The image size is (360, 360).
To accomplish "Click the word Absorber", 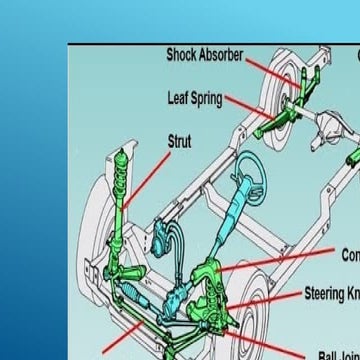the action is click(225, 55).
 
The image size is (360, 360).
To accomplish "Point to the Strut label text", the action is click(179, 142).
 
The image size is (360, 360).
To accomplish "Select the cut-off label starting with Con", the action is click(350, 255).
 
